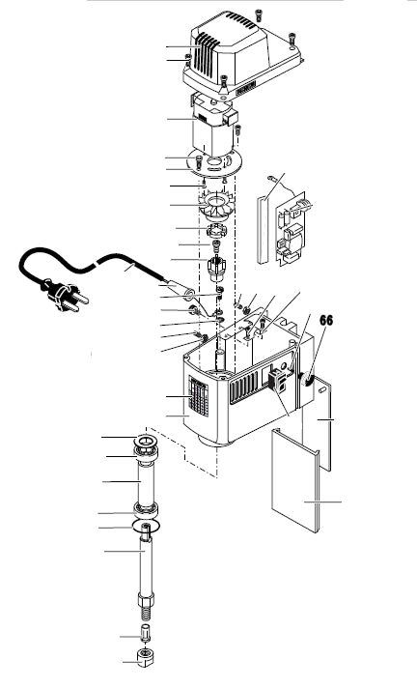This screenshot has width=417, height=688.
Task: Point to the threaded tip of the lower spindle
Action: pyautogui.click(x=148, y=610)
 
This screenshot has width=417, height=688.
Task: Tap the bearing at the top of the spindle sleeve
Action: pyautogui.click(x=147, y=445)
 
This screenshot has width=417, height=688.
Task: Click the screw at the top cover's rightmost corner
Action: pyautogui.click(x=292, y=42)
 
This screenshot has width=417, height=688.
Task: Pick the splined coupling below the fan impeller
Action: pyautogui.click(x=220, y=234)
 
